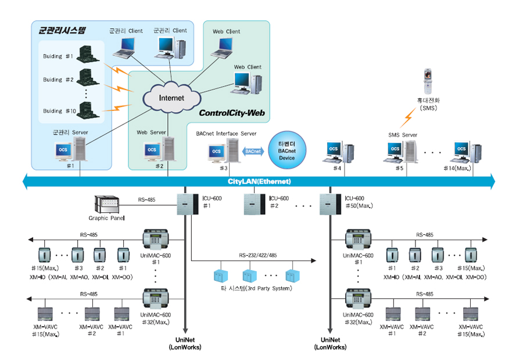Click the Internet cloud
click(x=171, y=97)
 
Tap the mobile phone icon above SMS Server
click(x=428, y=81)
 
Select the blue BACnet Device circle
click(x=287, y=150)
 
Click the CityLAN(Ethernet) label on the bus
click(x=259, y=181)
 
